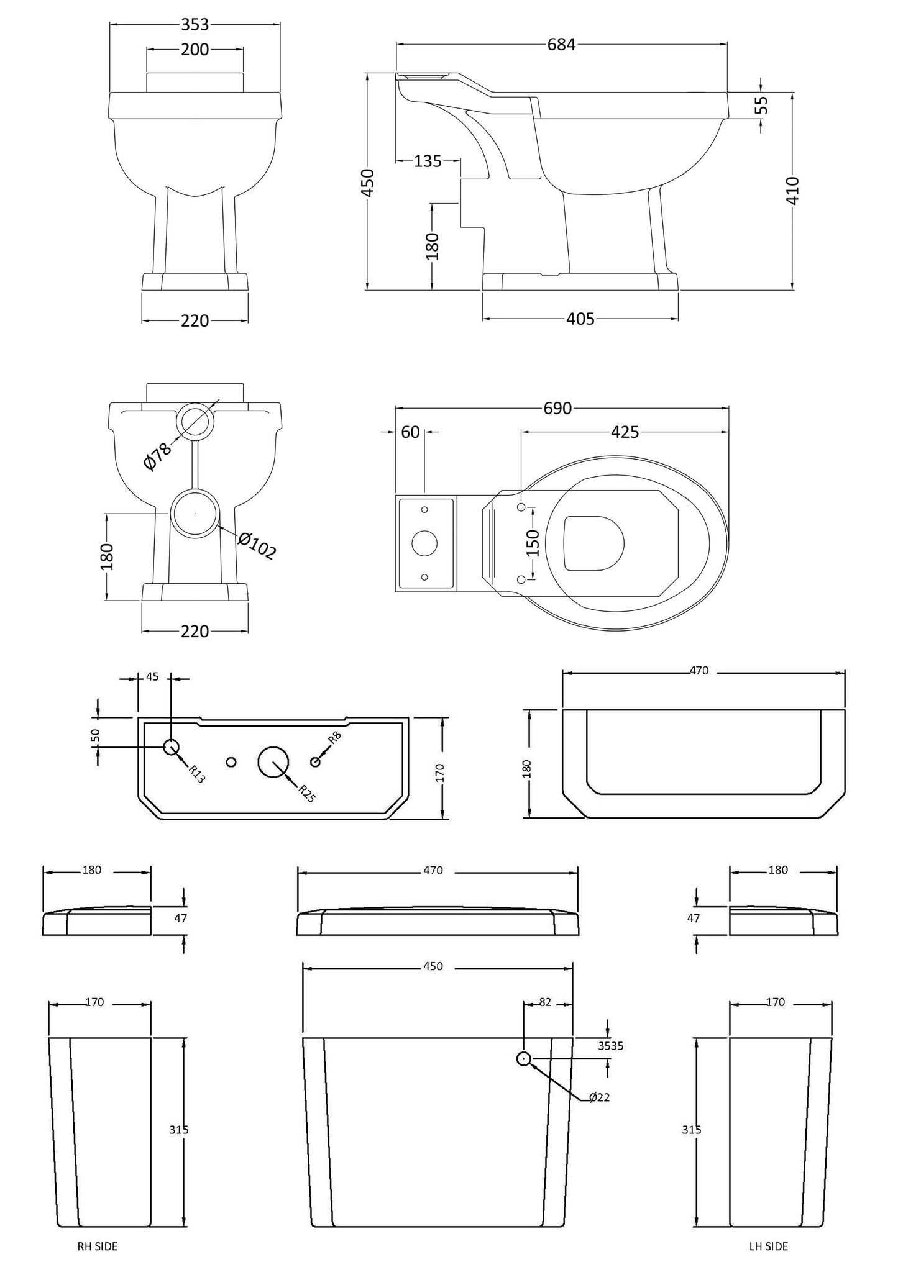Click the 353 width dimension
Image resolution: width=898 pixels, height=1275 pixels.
195,24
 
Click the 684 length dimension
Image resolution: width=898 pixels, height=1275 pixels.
561,45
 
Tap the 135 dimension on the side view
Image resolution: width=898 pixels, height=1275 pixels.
428,161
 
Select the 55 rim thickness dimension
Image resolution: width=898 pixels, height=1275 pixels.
764,104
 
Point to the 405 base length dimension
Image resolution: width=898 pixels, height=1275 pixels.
580,319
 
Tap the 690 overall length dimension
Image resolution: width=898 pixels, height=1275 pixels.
557,409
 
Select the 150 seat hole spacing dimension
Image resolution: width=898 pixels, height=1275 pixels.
533,543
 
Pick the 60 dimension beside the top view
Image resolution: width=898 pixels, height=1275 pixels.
410,432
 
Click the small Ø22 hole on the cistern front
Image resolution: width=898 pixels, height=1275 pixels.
524,1059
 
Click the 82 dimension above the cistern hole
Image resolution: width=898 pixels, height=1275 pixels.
546,1002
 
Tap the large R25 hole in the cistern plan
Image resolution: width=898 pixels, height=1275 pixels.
273,762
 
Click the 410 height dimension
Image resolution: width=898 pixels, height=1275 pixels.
793,191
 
